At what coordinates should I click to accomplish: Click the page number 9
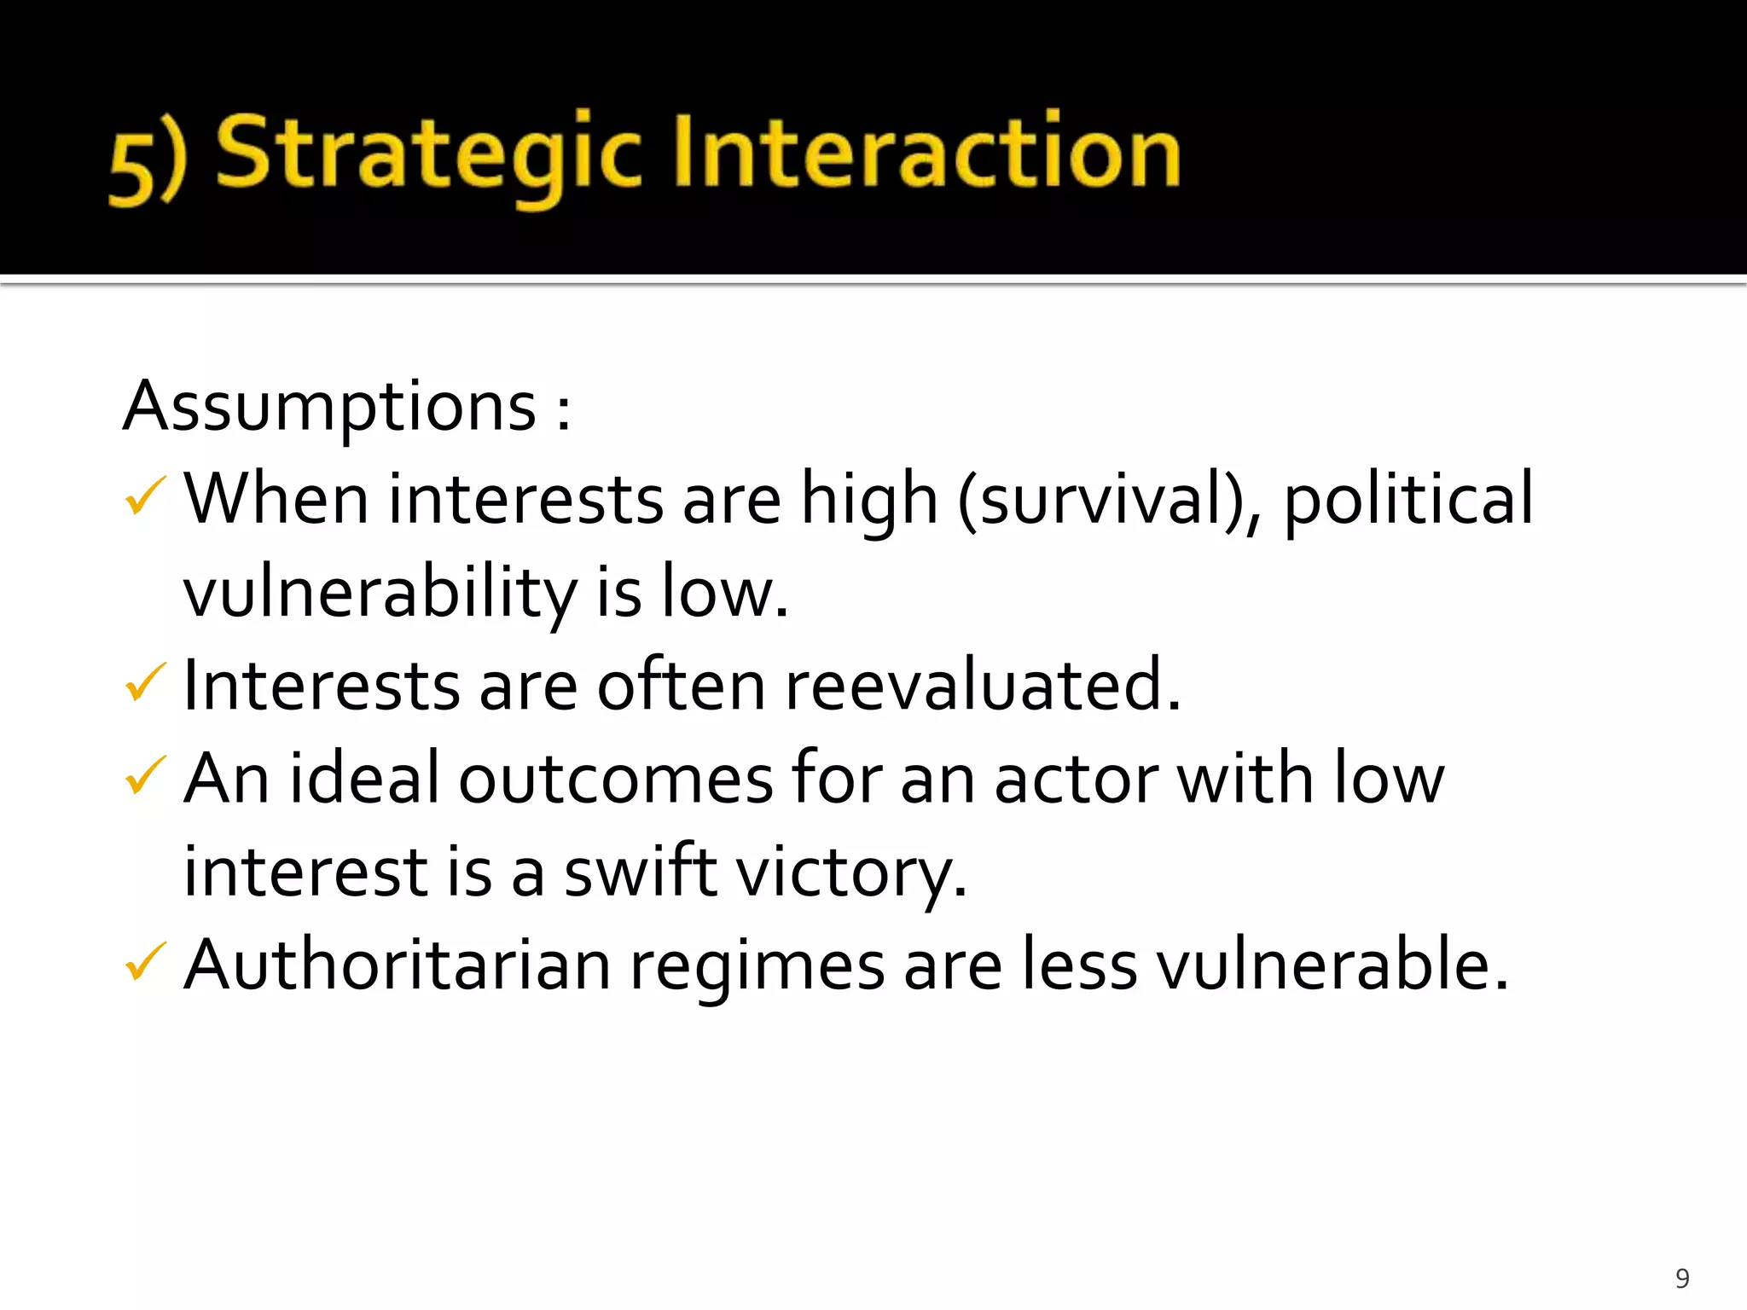coord(1682,1278)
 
